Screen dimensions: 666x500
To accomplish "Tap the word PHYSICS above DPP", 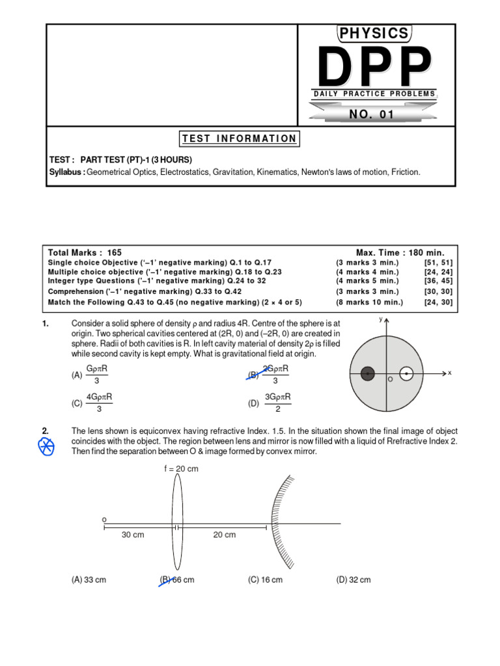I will click(x=374, y=33).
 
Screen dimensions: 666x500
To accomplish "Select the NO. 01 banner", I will click(x=372, y=114).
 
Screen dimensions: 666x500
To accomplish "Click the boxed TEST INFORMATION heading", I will click(x=239, y=139).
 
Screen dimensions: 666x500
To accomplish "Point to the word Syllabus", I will click(x=67, y=172).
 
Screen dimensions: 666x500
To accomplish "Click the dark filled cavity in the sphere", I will click(x=368, y=373).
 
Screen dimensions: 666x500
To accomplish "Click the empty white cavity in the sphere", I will click(x=406, y=373).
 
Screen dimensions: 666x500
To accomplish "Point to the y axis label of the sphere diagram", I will click(x=380, y=319).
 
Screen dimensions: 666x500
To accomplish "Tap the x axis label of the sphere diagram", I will click(x=449, y=373).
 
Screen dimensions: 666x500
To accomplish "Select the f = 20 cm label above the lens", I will click(x=181, y=468).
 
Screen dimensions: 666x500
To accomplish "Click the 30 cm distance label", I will click(x=133, y=535).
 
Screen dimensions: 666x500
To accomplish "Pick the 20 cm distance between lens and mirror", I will click(x=225, y=535).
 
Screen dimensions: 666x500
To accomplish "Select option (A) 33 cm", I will click(x=89, y=580).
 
